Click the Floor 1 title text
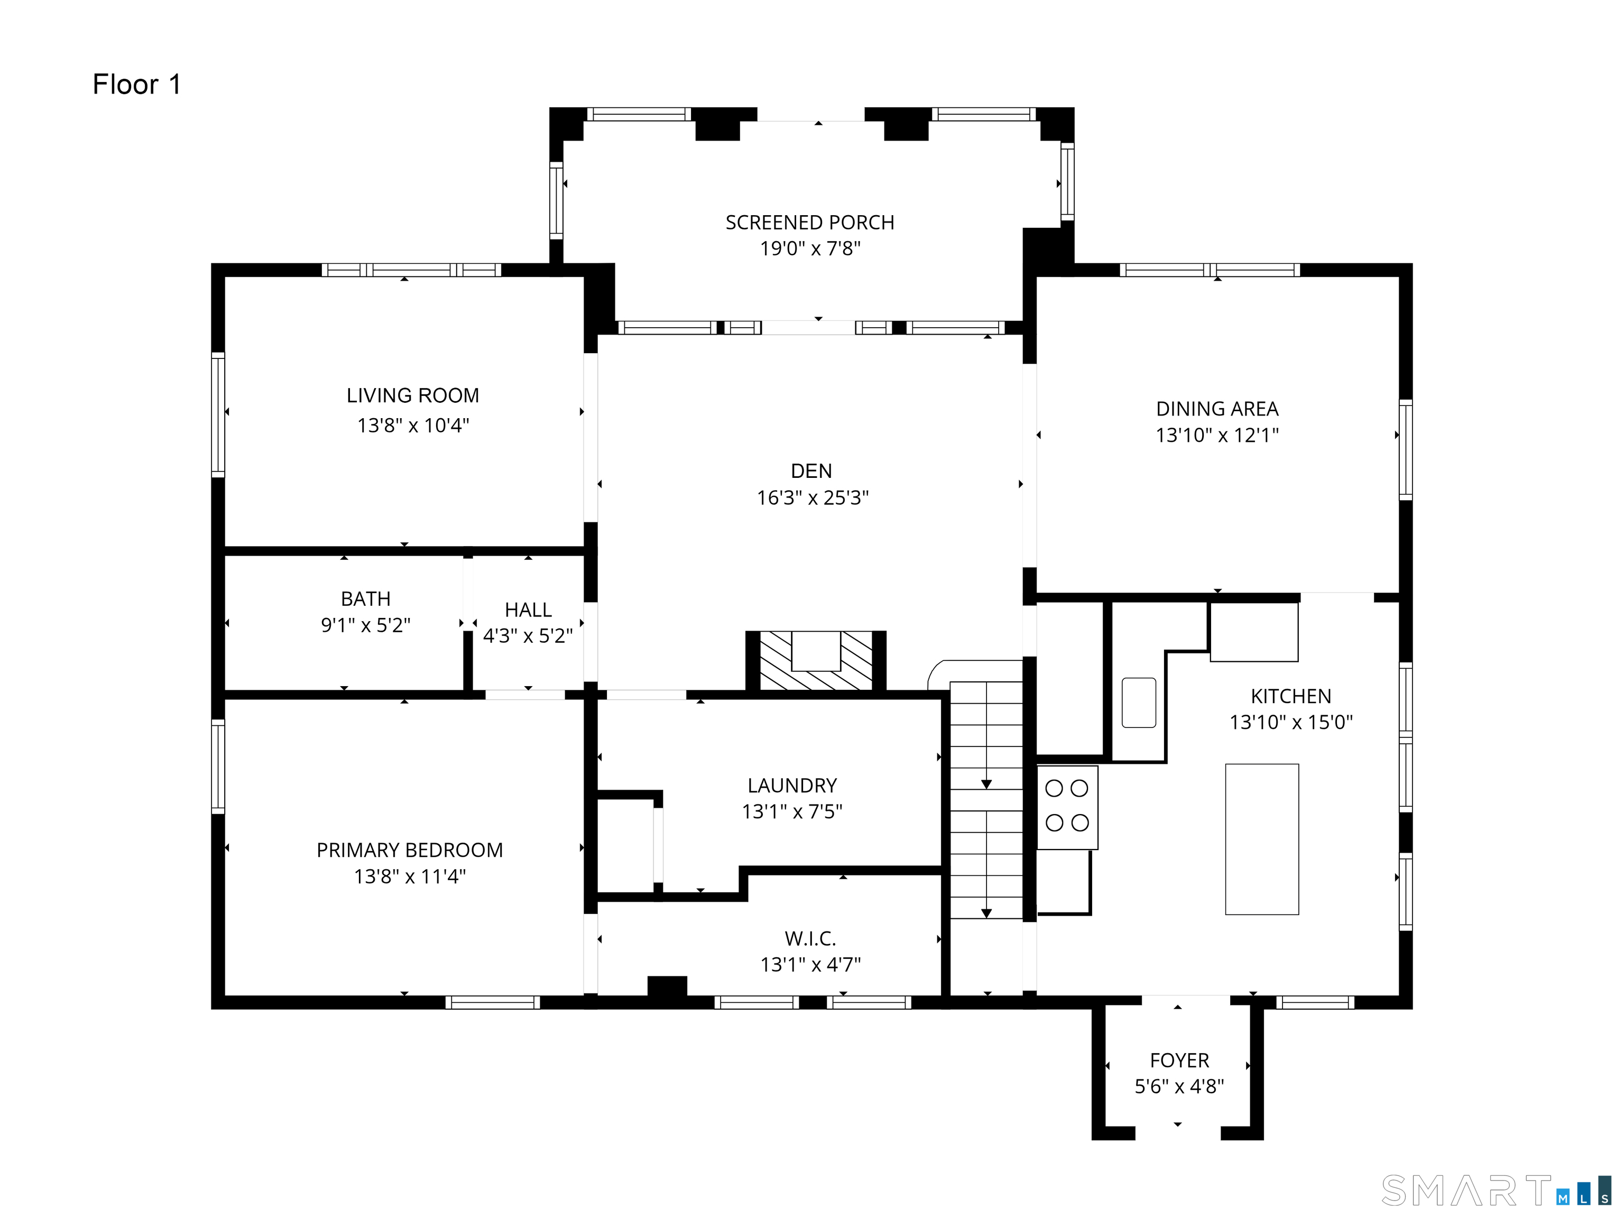[136, 85]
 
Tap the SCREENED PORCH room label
[810, 223]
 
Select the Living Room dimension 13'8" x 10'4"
[412, 425]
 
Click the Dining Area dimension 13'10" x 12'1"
[1217, 435]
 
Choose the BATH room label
[366, 598]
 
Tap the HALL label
[528, 610]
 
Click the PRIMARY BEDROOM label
[410, 850]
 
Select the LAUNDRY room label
[792, 785]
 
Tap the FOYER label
[1179, 1059]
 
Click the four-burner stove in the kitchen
[1067, 807]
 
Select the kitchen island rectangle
[1262, 839]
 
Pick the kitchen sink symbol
[1139, 703]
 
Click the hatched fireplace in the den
[816, 660]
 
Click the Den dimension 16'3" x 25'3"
[813, 498]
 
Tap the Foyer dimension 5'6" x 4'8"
[1179, 1086]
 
